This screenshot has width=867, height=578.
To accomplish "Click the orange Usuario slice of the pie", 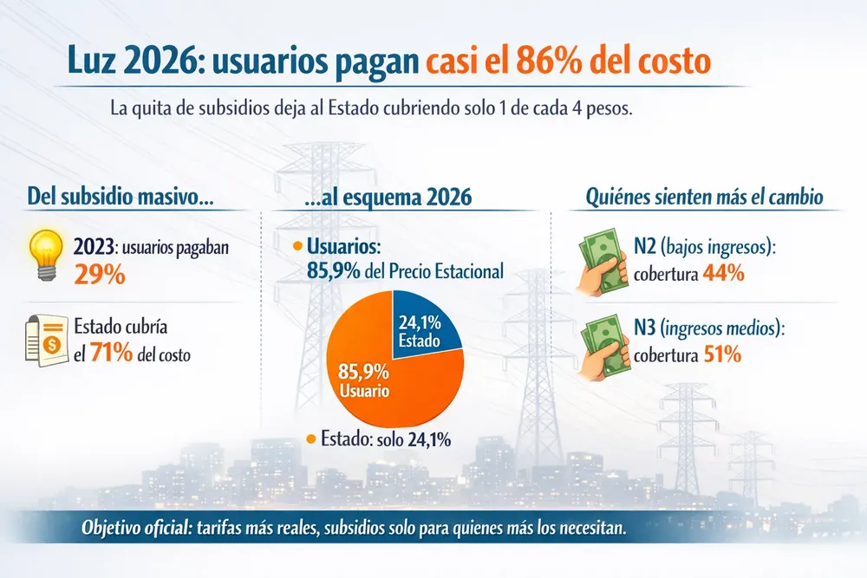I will pyautogui.click(x=373, y=381).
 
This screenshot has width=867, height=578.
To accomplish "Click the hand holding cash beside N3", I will pyautogui.click(x=603, y=344).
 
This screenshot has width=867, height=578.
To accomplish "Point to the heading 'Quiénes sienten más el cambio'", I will pyautogui.click(x=703, y=197).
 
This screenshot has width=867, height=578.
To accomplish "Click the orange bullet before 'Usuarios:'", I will pyautogui.click(x=298, y=247).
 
